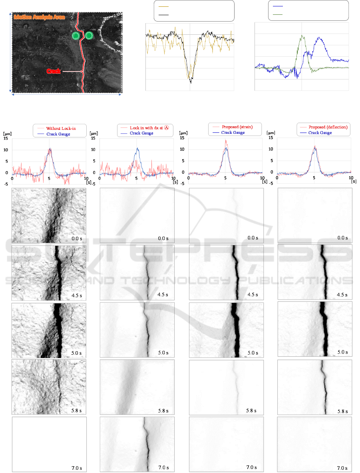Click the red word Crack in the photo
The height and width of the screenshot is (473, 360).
tap(54, 71)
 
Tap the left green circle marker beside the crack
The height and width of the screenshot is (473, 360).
tap(76, 36)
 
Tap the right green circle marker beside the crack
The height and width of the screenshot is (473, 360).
tap(89, 36)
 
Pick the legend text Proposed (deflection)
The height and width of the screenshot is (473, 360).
tap(328, 127)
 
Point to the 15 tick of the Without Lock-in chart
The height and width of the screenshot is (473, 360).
tap(6, 139)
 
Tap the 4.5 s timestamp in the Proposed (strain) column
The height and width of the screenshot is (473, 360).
tap(252, 295)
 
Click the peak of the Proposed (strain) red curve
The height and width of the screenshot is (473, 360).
tap(226, 140)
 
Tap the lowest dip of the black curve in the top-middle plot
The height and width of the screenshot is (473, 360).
tap(191, 83)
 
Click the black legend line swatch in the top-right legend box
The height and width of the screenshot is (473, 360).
tap(278, 6)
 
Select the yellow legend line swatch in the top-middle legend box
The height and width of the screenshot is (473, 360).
tap(164, 7)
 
